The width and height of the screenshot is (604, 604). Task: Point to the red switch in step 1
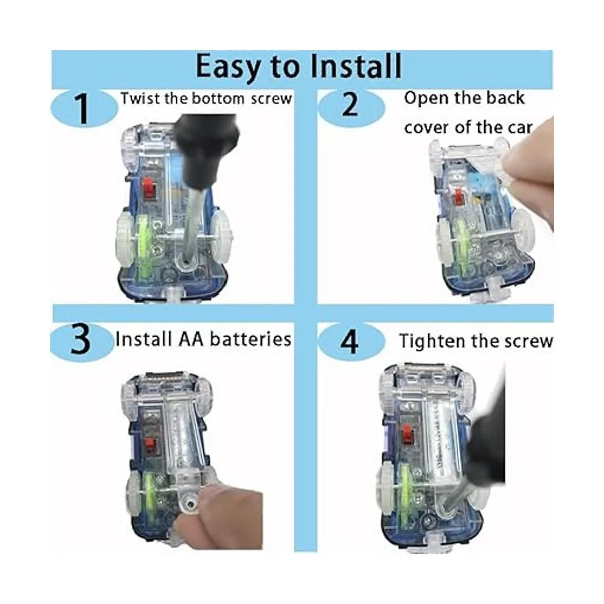pyautogui.click(x=149, y=189)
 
